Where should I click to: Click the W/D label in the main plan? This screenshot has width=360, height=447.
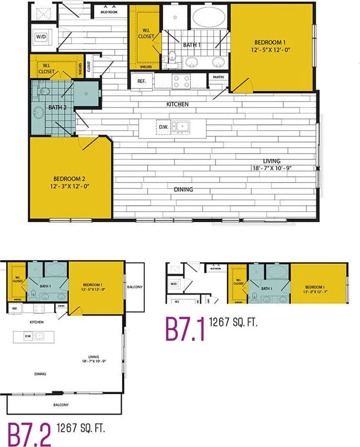41,37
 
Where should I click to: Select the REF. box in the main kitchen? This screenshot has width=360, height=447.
142,82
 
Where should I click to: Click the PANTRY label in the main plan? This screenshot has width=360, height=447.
218,77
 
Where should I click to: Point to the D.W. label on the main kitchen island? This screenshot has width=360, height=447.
162,127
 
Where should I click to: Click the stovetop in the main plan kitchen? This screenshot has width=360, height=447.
181,81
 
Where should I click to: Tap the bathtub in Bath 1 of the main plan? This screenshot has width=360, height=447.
209,18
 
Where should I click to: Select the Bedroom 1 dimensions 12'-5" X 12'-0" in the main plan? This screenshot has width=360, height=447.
272,49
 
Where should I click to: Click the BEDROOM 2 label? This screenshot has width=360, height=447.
69,178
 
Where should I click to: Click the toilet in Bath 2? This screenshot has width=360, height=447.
43,92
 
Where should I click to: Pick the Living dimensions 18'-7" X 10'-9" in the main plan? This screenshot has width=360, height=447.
272,168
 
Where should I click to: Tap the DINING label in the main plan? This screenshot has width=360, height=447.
183,189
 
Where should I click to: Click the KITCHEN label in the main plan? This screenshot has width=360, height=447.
178,104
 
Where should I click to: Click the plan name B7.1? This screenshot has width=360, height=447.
185,329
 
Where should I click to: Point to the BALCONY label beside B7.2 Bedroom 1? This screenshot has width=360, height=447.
134,287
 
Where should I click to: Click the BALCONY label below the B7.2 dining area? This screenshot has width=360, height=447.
60,405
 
